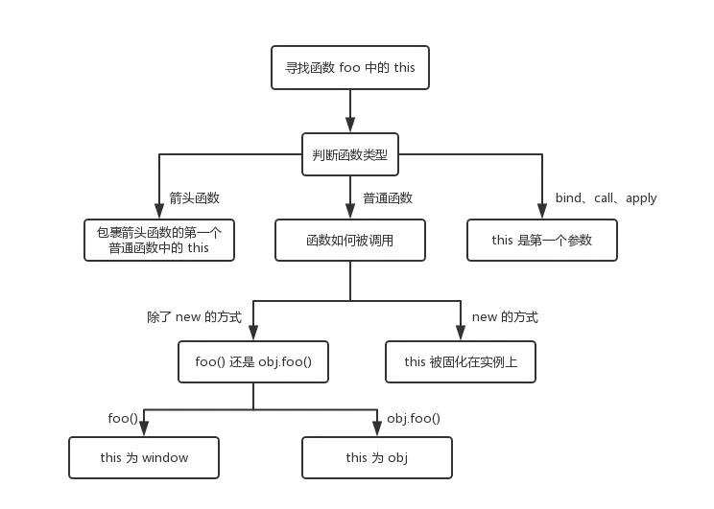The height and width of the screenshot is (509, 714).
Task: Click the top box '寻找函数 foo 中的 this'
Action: pyautogui.click(x=350, y=68)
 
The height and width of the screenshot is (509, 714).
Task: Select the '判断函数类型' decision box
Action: pyautogui.click(x=350, y=154)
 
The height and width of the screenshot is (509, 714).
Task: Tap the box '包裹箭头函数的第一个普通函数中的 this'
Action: pyautogui.click(x=159, y=240)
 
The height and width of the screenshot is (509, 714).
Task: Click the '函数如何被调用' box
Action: pyautogui.click(x=350, y=240)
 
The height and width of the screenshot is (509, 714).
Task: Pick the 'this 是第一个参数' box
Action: pyautogui.click(x=542, y=240)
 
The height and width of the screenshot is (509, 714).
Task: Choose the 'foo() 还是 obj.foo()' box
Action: pyautogui.click(x=253, y=362)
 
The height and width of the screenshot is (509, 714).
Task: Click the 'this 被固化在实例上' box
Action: pyautogui.click(x=460, y=362)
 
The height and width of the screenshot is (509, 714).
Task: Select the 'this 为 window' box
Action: pyautogui.click(x=144, y=457)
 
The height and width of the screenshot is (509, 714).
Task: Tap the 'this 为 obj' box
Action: pyautogui.click(x=377, y=457)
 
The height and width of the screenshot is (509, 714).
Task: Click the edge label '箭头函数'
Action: pyautogui.click(x=195, y=198)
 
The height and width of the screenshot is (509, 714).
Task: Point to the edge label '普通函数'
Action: pyautogui.click(x=388, y=198)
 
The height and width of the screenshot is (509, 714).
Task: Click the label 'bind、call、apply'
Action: pyautogui.click(x=606, y=198)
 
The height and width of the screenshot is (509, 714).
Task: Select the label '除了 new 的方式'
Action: pyautogui.click(x=194, y=316)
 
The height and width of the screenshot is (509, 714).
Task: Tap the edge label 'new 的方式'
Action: pyautogui.click(x=505, y=316)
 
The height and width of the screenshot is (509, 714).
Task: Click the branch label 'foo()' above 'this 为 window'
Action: pyautogui.click(x=123, y=418)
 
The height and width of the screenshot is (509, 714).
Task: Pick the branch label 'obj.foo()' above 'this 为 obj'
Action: pyautogui.click(x=414, y=418)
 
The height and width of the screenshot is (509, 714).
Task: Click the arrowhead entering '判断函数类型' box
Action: pyautogui.click(x=350, y=126)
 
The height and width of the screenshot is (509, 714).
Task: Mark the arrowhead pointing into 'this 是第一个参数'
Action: pyautogui.click(x=542, y=212)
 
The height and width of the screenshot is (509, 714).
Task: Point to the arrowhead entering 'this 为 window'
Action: pyautogui.click(x=144, y=429)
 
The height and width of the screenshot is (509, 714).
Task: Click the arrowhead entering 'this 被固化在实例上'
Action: pyautogui.click(x=460, y=334)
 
